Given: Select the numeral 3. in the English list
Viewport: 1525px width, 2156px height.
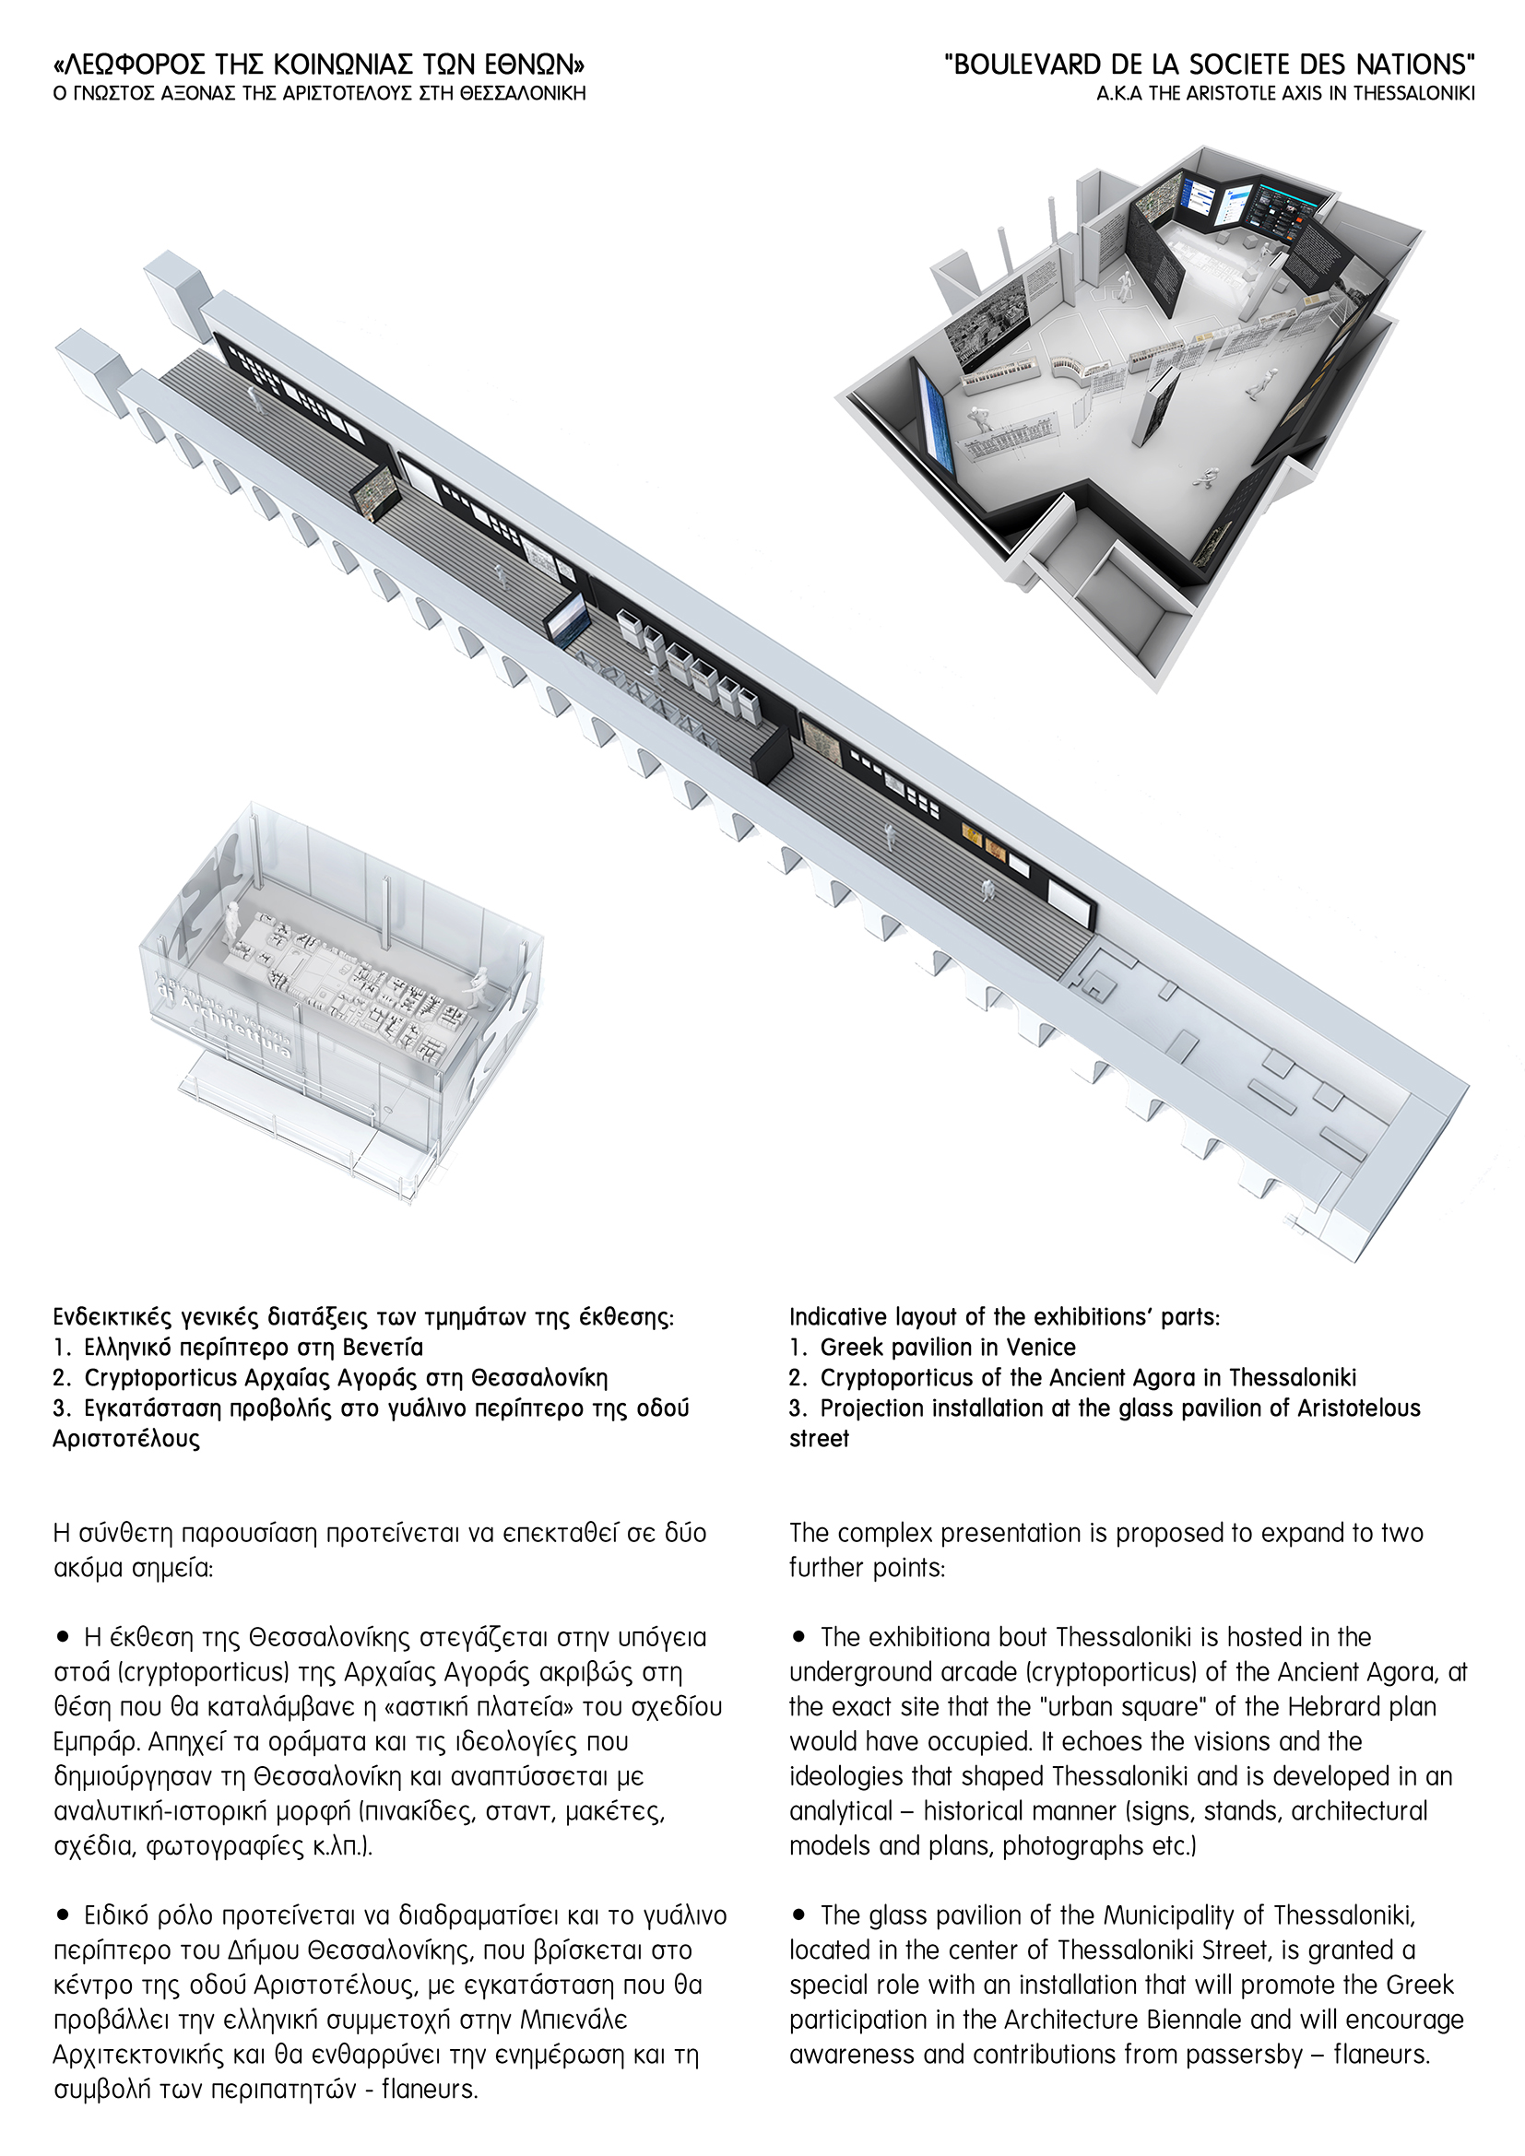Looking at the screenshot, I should point(798,1408).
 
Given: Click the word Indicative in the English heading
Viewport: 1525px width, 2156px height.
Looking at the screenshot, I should point(836,1316).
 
